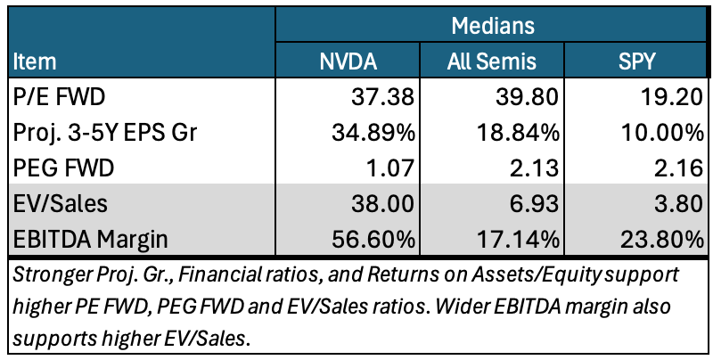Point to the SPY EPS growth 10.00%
(x=660, y=133)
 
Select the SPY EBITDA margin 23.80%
(x=660, y=239)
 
